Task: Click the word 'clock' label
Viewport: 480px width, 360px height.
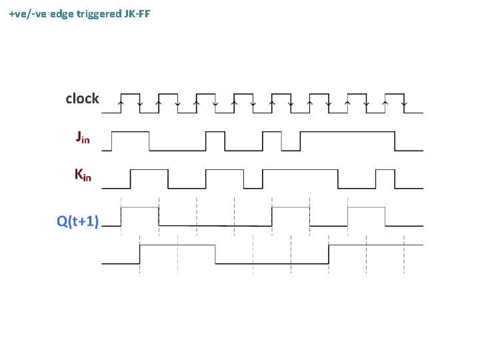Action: click(82, 99)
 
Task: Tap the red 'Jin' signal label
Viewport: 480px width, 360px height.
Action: click(82, 138)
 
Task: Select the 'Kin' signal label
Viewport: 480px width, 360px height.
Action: click(83, 175)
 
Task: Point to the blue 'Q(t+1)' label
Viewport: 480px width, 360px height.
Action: click(77, 221)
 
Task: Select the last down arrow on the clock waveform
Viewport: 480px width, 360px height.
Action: click(405, 103)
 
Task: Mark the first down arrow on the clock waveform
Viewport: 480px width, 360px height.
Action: click(139, 103)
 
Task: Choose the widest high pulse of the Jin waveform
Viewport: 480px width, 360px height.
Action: click(347, 132)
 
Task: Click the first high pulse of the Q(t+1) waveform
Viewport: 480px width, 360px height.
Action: click(139, 208)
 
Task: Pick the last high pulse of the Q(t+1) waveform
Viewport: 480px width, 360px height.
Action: click(367, 208)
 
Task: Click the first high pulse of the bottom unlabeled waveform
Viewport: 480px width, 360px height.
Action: click(177, 245)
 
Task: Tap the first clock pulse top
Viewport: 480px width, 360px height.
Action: click(130, 94)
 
